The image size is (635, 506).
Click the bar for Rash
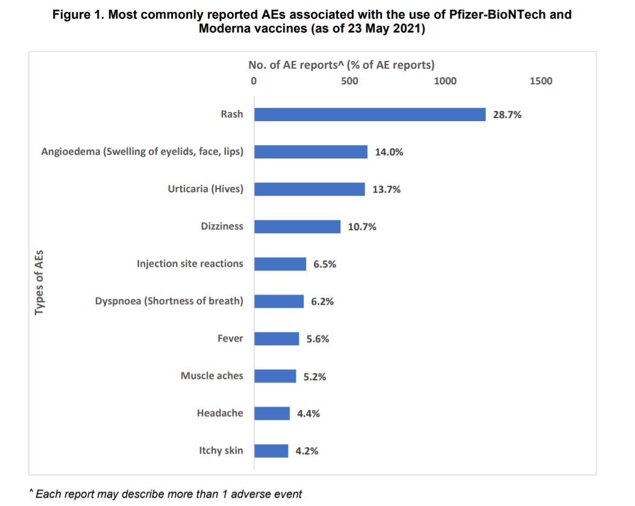[x=369, y=114]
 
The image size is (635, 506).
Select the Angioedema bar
[x=310, y=152]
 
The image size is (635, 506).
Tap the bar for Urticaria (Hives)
[x=309, y=189]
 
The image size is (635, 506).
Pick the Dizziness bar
[x=297, y=226]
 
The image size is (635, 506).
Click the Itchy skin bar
[x=271, y=451]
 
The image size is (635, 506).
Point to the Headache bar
[x=272, y=413]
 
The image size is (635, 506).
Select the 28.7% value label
[x=507, y=115]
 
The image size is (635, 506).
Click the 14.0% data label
[x=389, y=152]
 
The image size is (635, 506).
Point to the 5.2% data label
[x=314, y=376]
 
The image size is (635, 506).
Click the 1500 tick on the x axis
[x=540, y=81]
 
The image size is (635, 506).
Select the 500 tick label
[x=349, y=81]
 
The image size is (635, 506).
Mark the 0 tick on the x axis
[x=254, y=81]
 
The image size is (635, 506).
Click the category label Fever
[x=230, y=339]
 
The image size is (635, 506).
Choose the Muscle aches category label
[x=212, y=376]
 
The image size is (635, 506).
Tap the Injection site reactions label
[x=190, y=264]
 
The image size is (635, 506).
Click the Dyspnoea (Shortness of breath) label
[x=169, y=301]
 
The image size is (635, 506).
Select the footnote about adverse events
[x=166, y=494]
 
